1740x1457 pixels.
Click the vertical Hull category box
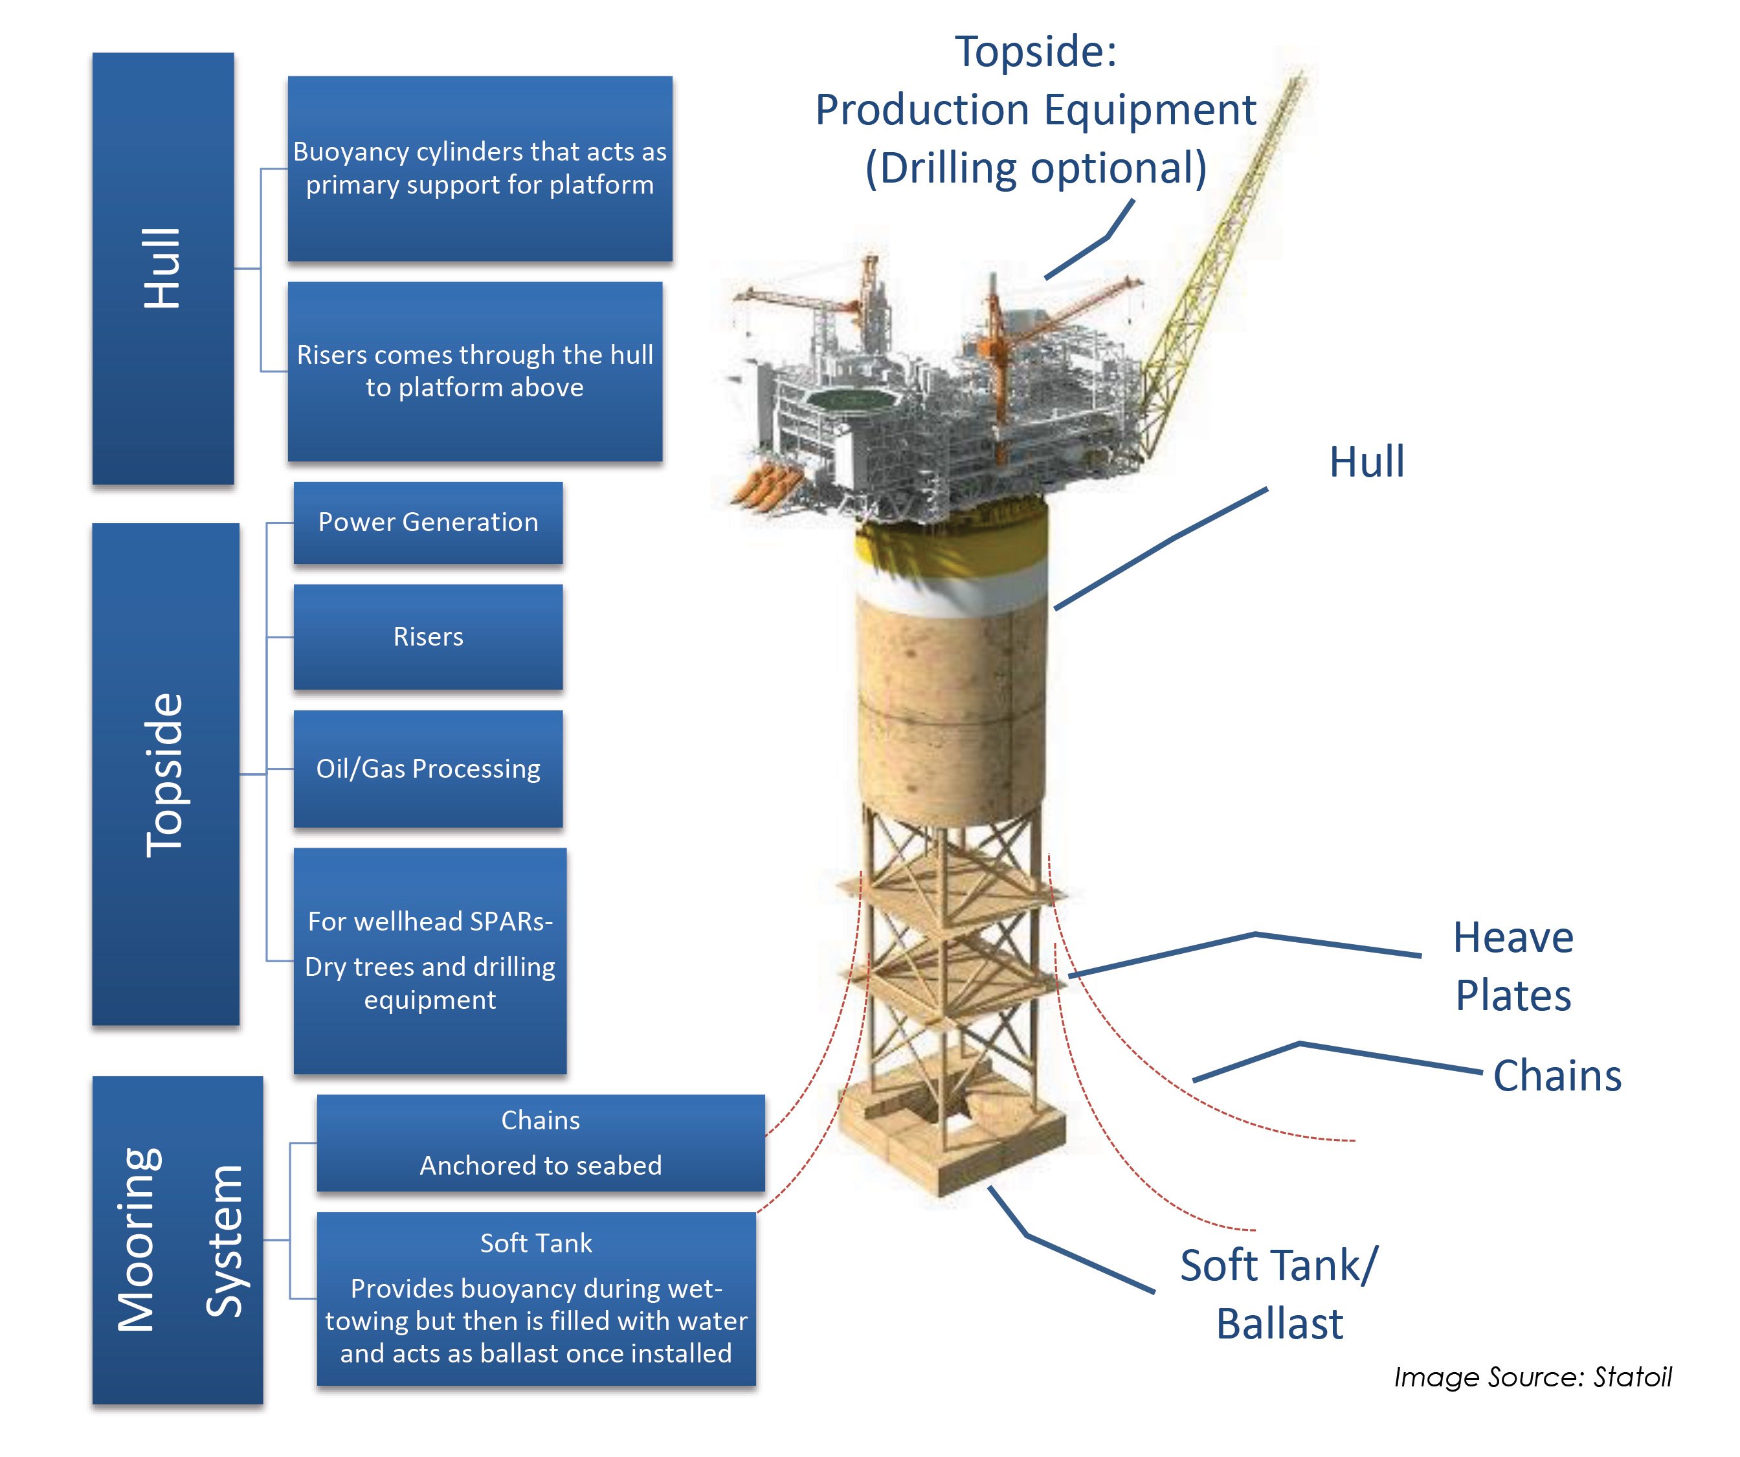coord(162,269)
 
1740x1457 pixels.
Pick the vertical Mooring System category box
coord(177,1240)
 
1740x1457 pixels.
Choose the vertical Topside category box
coord(165,774)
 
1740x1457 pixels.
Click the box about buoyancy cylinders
coord(480,168)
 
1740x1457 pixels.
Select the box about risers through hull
coord(474,371)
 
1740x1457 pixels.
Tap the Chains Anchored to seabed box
coord(541,1143)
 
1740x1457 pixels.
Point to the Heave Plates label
coord(1512,966)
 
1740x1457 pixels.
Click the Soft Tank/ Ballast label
coord(1278,1294)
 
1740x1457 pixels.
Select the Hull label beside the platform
coord(1366,462)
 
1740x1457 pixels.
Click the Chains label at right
coord(1556,1076)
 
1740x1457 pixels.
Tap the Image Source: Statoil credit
coord(1532,1377)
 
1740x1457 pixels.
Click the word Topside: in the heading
coord(1036,51)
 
